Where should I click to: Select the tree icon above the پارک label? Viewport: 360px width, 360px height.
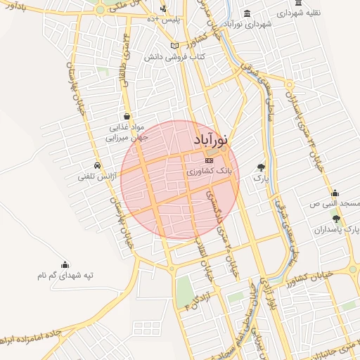pos(261,167)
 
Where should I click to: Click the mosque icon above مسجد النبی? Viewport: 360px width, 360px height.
pos(335,193)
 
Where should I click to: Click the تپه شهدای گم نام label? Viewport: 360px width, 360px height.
pos(66,275)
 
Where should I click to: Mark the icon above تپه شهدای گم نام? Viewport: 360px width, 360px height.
pos(65,264)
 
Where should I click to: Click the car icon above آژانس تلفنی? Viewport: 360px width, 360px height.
pos(96,166)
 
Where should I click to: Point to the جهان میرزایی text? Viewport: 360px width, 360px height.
pos(124,139)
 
